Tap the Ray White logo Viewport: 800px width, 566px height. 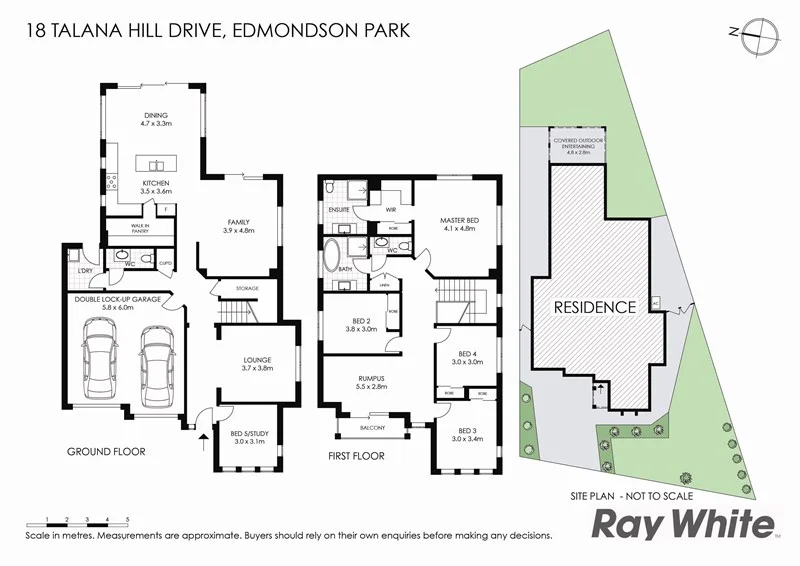(684, 524)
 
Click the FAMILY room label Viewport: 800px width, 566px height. (238, 222)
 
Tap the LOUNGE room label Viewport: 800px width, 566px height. (257, 361)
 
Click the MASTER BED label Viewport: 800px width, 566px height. (458, 220)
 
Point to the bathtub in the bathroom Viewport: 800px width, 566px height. (332, 259)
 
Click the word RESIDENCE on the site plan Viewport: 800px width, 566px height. (595, 307)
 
